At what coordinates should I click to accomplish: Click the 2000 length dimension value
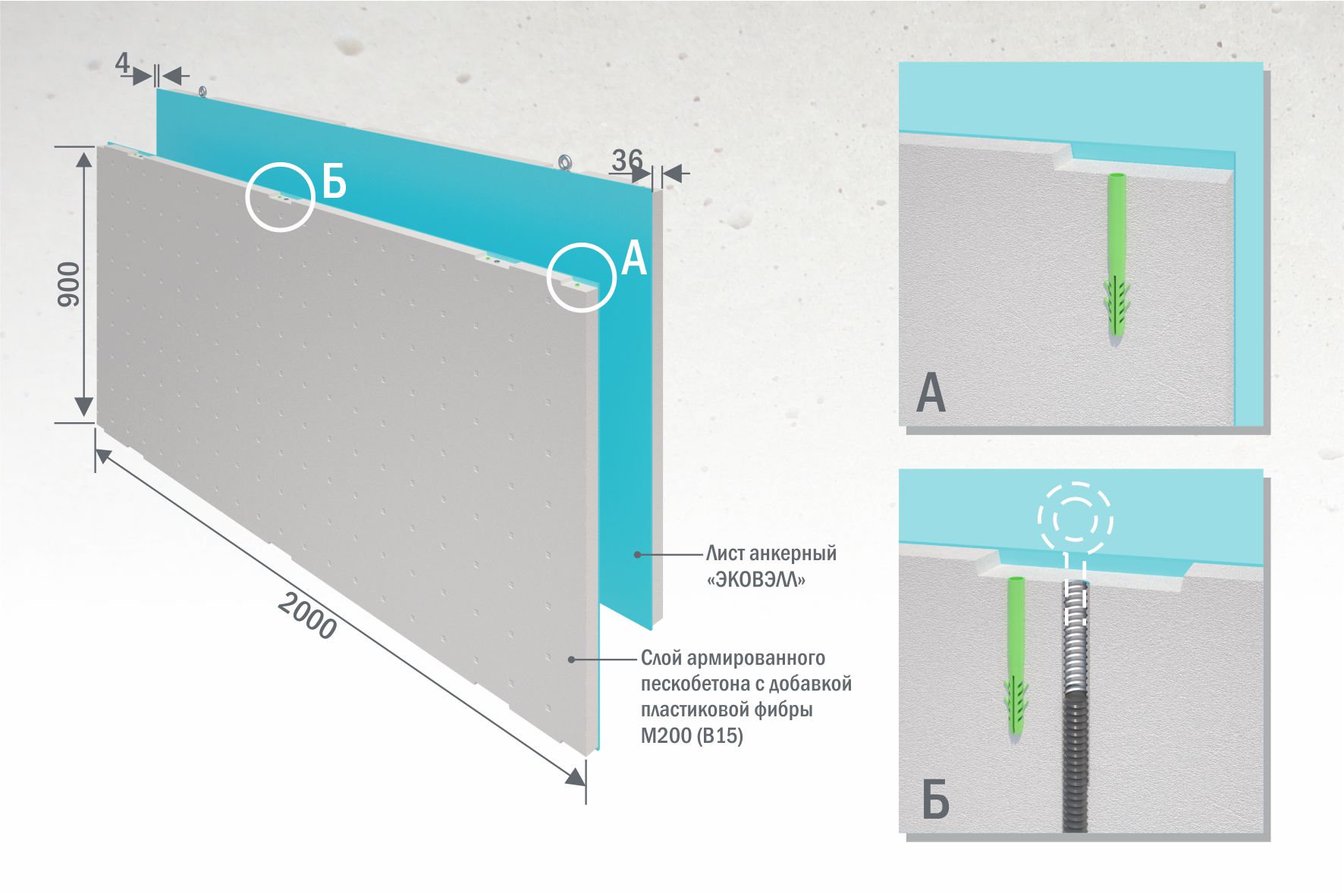click(306, 616)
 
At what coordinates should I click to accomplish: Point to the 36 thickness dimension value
click(626, 159)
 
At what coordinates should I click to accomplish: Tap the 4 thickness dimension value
click(122, 64)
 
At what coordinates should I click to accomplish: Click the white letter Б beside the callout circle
click(334, 182)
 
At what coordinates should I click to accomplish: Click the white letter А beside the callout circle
click(633, 258)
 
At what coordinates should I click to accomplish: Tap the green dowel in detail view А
click(1116, 258)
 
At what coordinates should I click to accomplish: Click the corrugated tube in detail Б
click(1075, 705)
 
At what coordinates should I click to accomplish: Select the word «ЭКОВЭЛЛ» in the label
click(755, 580)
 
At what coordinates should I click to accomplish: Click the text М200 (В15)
click(692, 735)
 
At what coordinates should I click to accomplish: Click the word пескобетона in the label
click(689, 684)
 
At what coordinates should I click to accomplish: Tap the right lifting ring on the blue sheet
click(564, 162)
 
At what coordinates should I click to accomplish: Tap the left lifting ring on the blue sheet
click(203, 92)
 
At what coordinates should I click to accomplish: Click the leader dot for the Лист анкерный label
click(638, 555)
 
